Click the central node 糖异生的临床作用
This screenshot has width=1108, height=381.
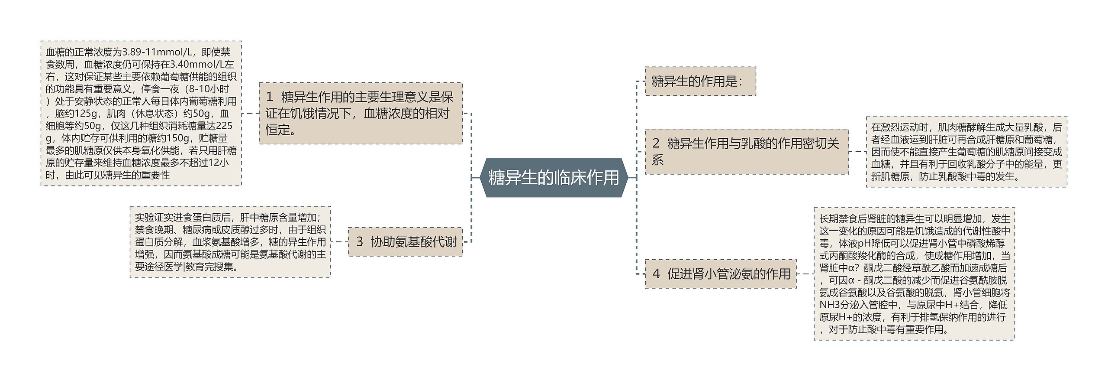point(554,178)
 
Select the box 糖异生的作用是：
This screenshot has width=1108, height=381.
point(700,81)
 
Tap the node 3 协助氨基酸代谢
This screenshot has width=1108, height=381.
point(405,242)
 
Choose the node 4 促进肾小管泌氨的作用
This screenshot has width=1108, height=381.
point(721,274)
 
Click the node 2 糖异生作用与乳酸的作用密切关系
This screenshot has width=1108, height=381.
point(746,152)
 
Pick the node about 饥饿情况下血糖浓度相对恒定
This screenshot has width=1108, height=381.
point(361,114)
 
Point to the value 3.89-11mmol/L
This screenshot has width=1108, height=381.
point(158,52)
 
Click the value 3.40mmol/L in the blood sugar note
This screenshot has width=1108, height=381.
point(197,65)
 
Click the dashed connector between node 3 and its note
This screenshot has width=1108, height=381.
point(339,242)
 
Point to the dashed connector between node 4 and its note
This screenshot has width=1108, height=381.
point(805,274)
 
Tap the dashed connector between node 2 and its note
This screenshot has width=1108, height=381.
point(857,152)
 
